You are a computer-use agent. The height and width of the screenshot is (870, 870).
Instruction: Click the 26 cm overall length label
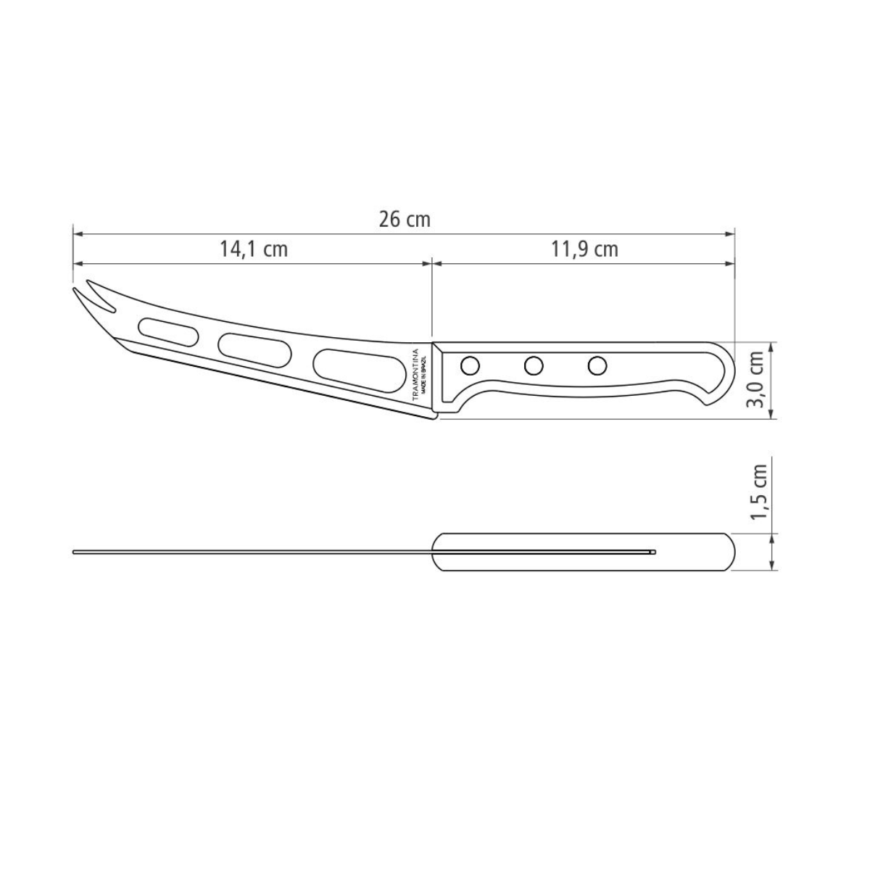[405, 219]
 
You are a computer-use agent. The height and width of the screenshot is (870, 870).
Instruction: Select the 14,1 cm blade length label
[254, 249]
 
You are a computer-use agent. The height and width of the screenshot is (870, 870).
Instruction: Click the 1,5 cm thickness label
[758, 492]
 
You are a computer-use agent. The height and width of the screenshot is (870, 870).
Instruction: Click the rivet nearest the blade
[470, 364]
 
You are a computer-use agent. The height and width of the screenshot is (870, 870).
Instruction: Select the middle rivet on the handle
[534, 365]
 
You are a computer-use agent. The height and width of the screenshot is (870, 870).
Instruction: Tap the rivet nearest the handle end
[597, 366]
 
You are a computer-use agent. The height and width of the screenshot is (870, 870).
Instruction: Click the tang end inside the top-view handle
[652, 552]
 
